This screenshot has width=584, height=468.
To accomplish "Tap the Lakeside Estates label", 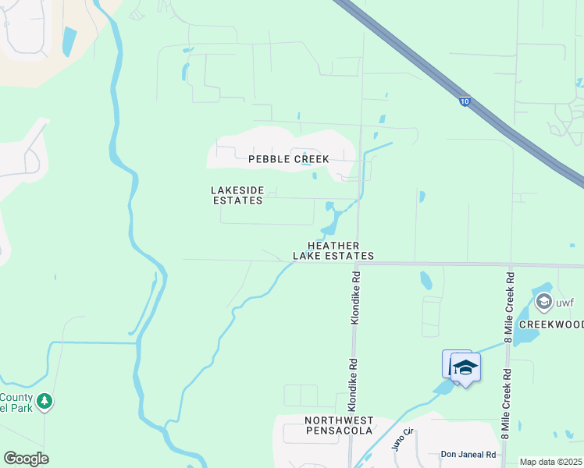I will coord(237,195).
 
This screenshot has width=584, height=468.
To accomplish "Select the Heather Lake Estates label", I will coord(333,250).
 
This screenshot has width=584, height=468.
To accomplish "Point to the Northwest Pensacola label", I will coord(338,426).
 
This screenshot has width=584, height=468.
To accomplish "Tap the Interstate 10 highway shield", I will coord(464,101).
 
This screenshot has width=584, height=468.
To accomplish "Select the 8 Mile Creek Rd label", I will coord(509,307).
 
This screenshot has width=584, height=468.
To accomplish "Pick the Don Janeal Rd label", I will coord(468,454).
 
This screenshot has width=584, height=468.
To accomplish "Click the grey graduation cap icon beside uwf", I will coord(543,301).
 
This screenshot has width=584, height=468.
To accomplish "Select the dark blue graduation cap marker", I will coord(465,367).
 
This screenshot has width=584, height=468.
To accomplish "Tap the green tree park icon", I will coord(45,401).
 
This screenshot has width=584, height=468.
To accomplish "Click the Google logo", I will coord(26,459).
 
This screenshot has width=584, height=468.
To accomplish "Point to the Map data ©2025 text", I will coord(551,462).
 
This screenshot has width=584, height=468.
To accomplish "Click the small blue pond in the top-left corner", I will coord(69,41).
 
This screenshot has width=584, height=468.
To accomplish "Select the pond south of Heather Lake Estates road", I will coord(426,279).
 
